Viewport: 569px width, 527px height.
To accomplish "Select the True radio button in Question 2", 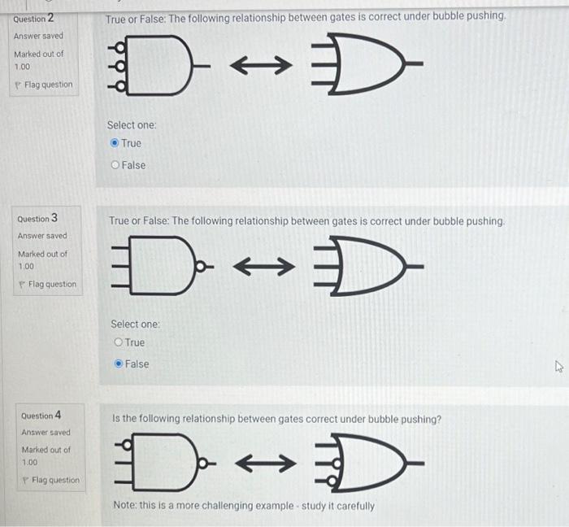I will [115, 143].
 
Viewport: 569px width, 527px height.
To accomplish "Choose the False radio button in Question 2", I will [115, 165].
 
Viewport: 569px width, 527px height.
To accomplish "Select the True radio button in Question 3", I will [119, 342].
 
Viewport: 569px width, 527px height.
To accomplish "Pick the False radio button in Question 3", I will [119, 364].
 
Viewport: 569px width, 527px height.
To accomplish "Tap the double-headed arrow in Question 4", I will [262, 464].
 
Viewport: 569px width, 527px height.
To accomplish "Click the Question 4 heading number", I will [57, 415].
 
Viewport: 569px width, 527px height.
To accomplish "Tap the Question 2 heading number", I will [50, 18].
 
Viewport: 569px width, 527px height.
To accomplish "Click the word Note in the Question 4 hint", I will [125, 506].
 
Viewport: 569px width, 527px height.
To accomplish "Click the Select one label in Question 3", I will [135, 324].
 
